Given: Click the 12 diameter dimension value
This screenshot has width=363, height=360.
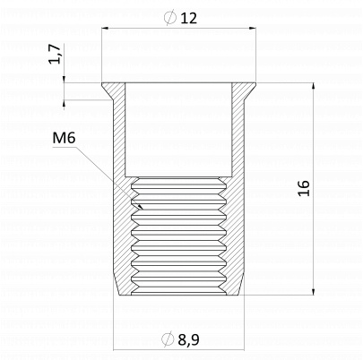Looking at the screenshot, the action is tap(188, 18).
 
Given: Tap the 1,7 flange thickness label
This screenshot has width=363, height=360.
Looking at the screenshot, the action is tap(55, 54).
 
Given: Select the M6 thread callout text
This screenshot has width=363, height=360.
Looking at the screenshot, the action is tap(64, 138).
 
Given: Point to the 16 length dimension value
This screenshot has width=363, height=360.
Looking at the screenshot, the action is tap(304, 188).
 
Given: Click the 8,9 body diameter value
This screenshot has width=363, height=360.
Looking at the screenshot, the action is tap(188, 339).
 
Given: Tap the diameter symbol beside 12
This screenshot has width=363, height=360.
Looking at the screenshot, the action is tap(169, 17).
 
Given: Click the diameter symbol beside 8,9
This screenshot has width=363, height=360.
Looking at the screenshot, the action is tap(168, 339).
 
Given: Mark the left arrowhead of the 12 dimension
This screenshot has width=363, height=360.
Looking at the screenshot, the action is tap(105, 29).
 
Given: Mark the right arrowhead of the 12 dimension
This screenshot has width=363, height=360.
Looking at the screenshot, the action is tap(253, 29).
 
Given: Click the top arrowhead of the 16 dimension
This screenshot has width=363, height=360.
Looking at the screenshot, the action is tap(313, 86).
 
